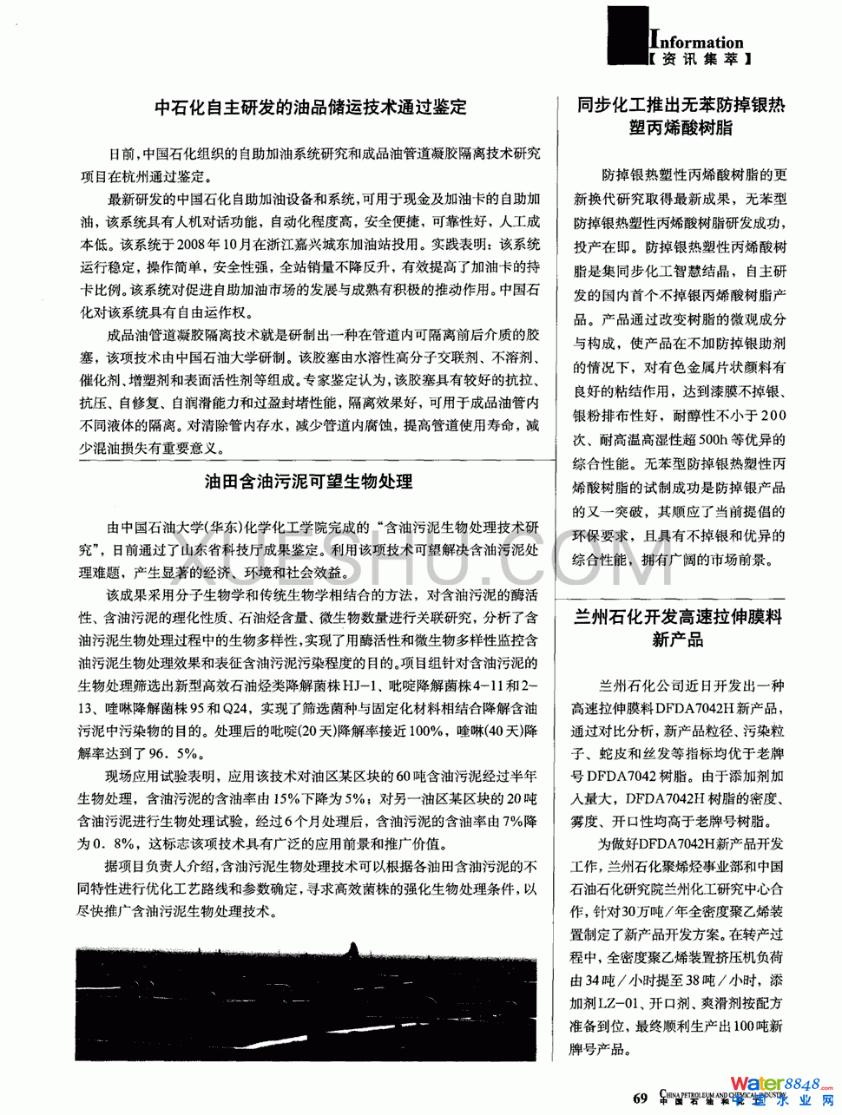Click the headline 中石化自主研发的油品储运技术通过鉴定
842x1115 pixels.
pos(310,108)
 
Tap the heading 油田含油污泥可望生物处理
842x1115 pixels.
pos(309,481)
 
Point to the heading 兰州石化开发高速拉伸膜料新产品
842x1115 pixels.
pos(678,628)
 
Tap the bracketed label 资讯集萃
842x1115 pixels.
pos(699,60)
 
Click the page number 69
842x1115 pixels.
pos(641,1098)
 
